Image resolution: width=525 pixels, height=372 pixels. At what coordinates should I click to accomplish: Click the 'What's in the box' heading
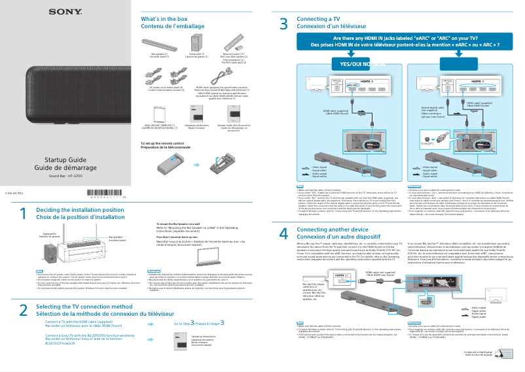(164, 19)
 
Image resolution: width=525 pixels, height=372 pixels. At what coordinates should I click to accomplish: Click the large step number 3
(283, 25)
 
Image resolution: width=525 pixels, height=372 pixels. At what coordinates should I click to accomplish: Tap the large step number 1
(22, 214)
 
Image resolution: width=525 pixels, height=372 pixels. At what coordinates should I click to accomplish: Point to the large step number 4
(283, 234)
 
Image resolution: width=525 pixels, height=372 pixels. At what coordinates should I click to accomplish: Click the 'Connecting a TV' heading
(317, 19)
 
